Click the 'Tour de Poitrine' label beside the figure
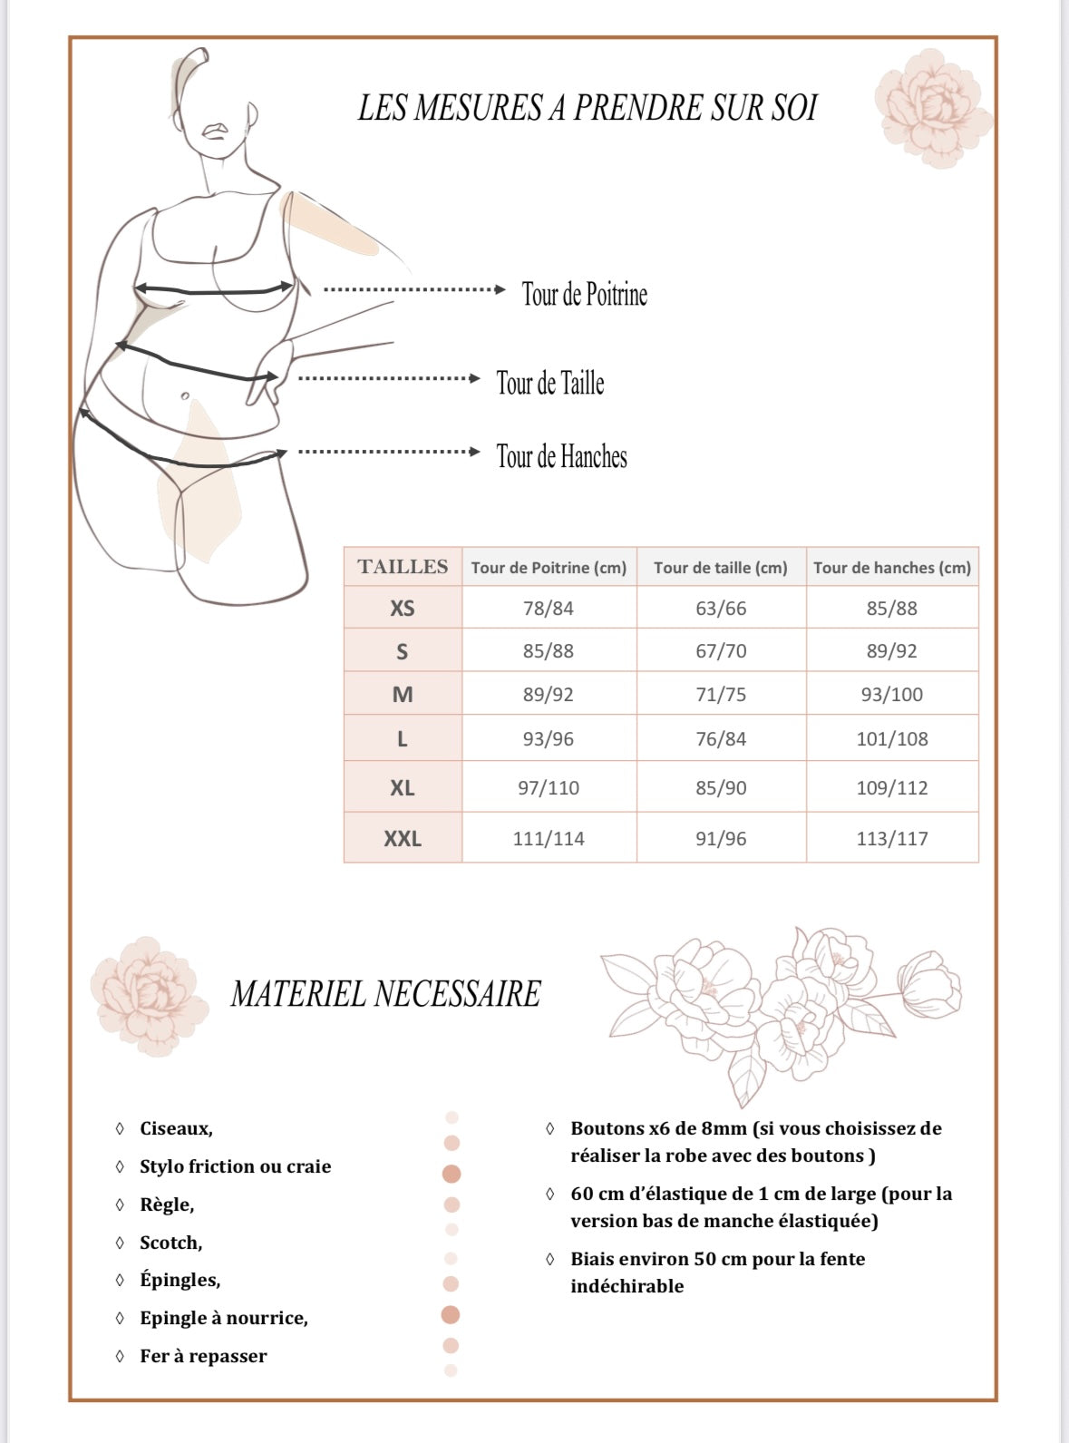click(x=584, y=294)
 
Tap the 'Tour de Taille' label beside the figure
click(x=549, y=383)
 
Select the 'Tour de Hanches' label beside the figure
click(x=561, y=456)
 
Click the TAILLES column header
click(x=403, y=567)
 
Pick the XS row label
click(x=402, y=609)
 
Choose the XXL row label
click(x=402, y=839)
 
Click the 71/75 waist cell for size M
click(x=721, y=695)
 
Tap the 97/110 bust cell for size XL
click(x=549, y=788)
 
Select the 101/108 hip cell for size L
click(x=892, y=739)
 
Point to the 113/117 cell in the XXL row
click(x=892, y=839)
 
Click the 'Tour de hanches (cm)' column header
click(x=892, y=568)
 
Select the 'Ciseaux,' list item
click(x=176, y=1129)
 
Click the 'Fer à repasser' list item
click(x=203, y=1357)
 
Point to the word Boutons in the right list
click(x=607, y=1129)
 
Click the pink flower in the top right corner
click(x=928, y=96)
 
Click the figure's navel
click(x=185, y=396)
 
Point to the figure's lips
click(x=214, y=131)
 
